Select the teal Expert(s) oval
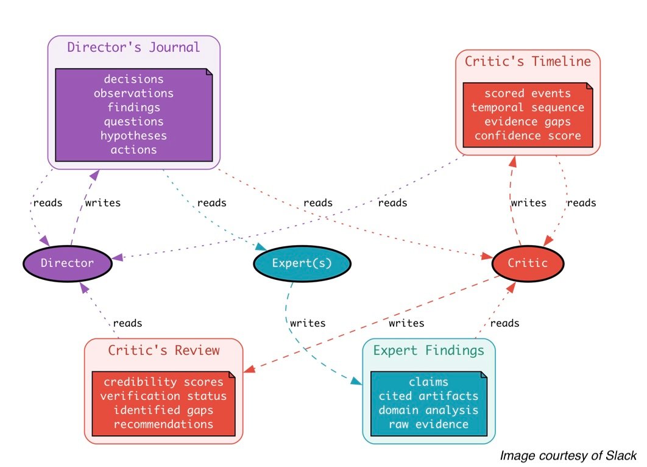302,263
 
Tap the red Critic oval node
528,263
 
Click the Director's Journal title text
133,47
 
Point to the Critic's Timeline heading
528,62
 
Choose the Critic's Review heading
163,351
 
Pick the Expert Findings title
428,351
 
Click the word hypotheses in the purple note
133,135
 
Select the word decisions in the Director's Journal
133,79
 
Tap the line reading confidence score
528,135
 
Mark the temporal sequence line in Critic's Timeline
528,107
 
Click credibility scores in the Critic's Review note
163,382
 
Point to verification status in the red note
163,396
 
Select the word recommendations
163,424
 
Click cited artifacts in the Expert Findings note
428,396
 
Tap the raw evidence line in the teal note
428,424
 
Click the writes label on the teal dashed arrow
308,323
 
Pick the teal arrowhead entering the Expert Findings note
358,383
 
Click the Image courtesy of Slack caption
568,455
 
